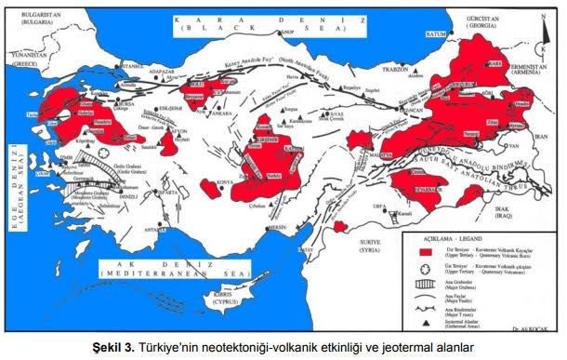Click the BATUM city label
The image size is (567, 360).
[434, 37]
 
